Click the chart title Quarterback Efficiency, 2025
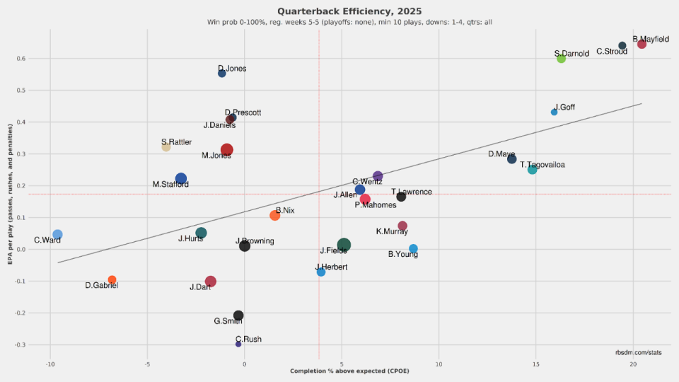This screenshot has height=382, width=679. [339, 11]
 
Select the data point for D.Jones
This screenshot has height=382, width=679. [222, 73]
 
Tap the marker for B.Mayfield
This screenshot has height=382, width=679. [642, 44]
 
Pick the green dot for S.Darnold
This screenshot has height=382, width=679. [561, 59]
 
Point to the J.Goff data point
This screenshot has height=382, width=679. [554, 112]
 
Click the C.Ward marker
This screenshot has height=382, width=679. [57, 234]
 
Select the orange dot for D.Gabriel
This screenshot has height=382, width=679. [112, 280]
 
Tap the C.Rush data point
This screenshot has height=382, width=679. [238, 344]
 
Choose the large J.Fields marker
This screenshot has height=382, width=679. [344, 245]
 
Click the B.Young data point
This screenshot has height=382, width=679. [413, 249]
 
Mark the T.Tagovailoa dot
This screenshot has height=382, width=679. [532, 169]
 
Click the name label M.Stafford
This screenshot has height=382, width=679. [170, 185]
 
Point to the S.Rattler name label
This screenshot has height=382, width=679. [176, 142]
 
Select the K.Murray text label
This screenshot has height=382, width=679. [390, 231]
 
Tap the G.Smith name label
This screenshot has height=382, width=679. [228, 321]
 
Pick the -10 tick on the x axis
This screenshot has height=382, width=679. [50, 364]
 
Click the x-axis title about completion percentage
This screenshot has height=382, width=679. [339, 371]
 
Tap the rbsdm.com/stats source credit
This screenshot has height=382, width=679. [638, 352]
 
